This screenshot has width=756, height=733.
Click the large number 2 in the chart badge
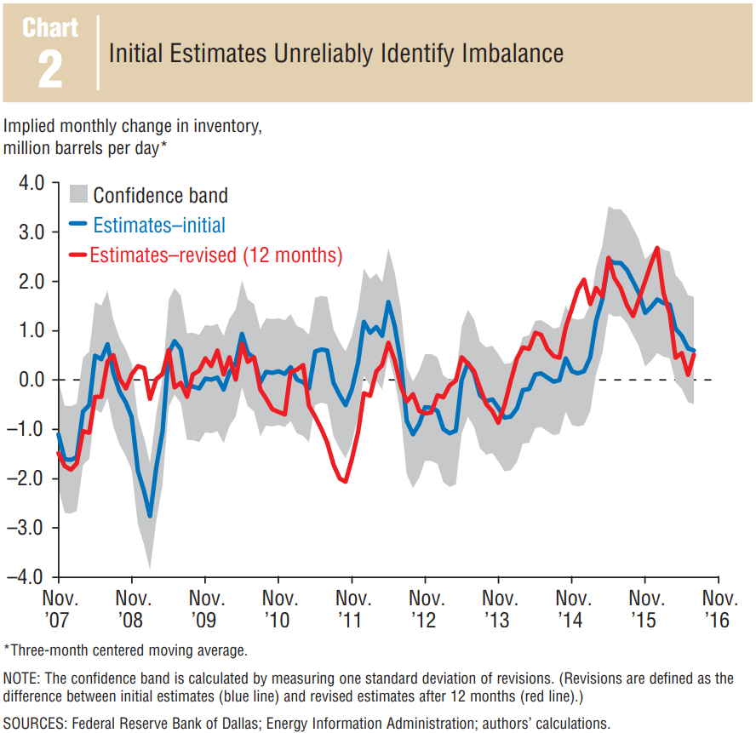(x=50, y=71)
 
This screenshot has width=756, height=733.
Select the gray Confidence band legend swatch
(x=77, y=195)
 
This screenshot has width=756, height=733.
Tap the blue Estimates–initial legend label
(x=158, y=225)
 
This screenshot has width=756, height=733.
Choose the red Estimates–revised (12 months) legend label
(x=216, y=255)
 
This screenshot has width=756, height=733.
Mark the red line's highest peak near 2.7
(x=657, y=248)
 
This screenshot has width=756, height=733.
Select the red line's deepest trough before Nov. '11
(x=344, y=482)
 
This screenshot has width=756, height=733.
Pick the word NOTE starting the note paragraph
(x=24, y=679)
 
